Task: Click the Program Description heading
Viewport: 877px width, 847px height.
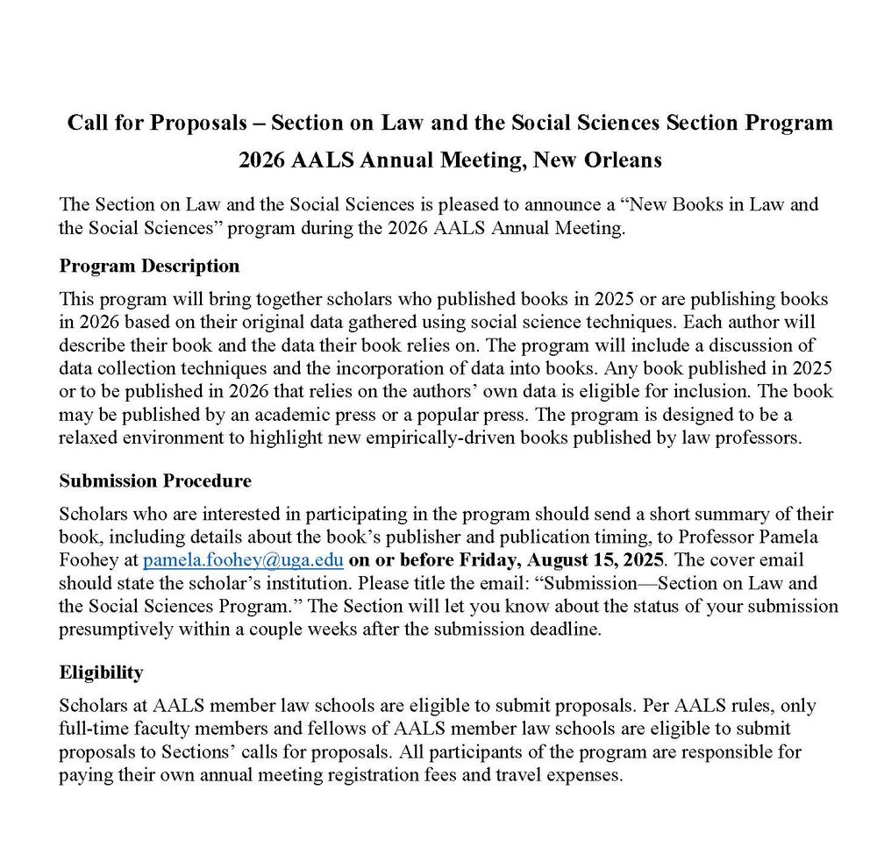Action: [149, 266]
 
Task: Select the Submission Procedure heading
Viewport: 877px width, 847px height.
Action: [155, 480]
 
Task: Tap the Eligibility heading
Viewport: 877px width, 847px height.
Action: [101, 673]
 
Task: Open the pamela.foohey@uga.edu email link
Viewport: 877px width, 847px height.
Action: [243, 559]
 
